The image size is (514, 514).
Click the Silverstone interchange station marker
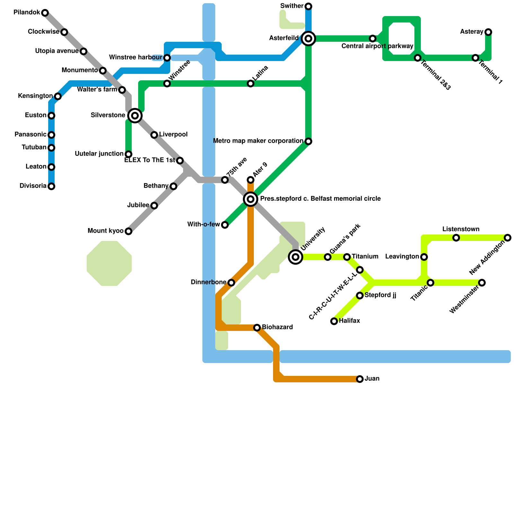135,116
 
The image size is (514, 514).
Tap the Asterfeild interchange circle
308,39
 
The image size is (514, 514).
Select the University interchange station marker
296,257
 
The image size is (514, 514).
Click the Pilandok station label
27,13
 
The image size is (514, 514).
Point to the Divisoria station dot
51,186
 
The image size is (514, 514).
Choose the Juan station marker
360,379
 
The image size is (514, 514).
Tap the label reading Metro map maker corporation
258,141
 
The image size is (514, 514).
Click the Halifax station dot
334,321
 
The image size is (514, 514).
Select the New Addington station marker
508,238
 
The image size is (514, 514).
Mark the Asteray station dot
488,32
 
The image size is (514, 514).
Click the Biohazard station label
277,327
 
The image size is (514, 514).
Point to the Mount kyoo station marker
128,231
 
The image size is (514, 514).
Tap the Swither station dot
308,6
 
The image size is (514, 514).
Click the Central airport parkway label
377,46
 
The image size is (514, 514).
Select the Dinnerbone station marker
231,283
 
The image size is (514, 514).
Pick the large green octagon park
109,263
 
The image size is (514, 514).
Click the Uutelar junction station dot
128,154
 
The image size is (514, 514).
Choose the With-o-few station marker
225,225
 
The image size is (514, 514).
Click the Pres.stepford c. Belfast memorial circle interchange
251,199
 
